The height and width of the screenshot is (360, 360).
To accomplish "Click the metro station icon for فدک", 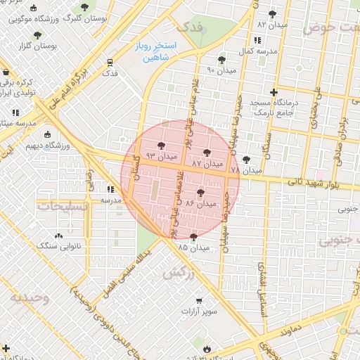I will (x=109, y=61).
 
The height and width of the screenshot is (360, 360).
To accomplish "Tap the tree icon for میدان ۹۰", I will (x=222, y=59).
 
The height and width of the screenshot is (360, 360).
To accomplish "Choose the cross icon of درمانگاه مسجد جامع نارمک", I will (x=274, y=92).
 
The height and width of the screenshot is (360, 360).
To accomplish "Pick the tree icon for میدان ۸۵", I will (x=193, y=237).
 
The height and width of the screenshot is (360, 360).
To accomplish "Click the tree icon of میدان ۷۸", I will (x=245, y=160).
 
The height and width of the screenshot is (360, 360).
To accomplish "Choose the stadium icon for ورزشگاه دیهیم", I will (x=46, y=135).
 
